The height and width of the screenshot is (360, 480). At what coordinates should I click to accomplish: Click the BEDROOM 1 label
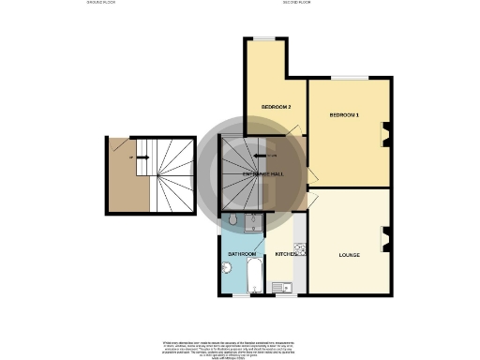343,114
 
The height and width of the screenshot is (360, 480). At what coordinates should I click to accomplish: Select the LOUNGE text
351,254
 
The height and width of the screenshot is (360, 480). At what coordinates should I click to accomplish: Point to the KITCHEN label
286,253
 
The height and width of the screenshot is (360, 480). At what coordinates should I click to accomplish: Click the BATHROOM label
242,254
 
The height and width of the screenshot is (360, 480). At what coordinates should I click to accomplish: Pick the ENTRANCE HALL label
263,174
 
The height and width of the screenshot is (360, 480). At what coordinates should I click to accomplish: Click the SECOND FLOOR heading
296,3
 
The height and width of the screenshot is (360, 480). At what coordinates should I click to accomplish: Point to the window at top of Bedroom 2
265,38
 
